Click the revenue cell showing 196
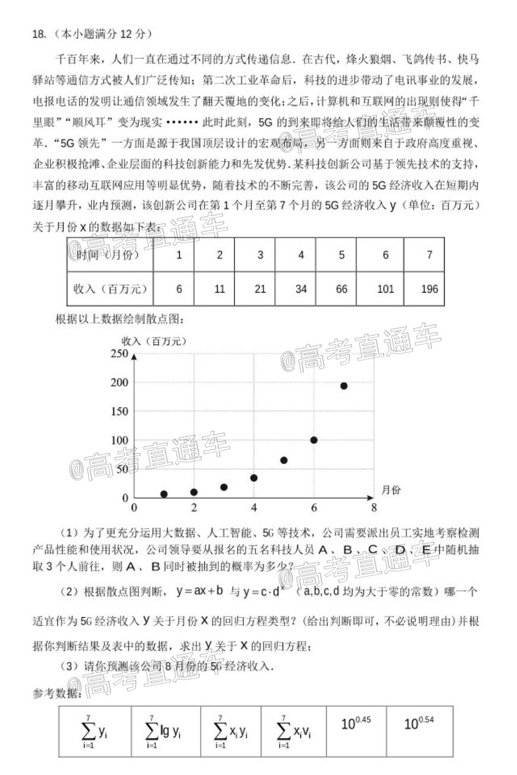point(429,289)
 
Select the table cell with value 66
point(341,289)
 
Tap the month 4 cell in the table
point(301,255)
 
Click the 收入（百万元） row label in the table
point(110,289)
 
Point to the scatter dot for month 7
point(344,386)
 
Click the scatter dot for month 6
point(313,440)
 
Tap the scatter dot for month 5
point(284,460)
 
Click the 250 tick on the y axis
point(119,354)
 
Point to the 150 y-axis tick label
point(119,411)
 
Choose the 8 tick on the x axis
point(373,508)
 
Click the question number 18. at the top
point(39,34)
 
